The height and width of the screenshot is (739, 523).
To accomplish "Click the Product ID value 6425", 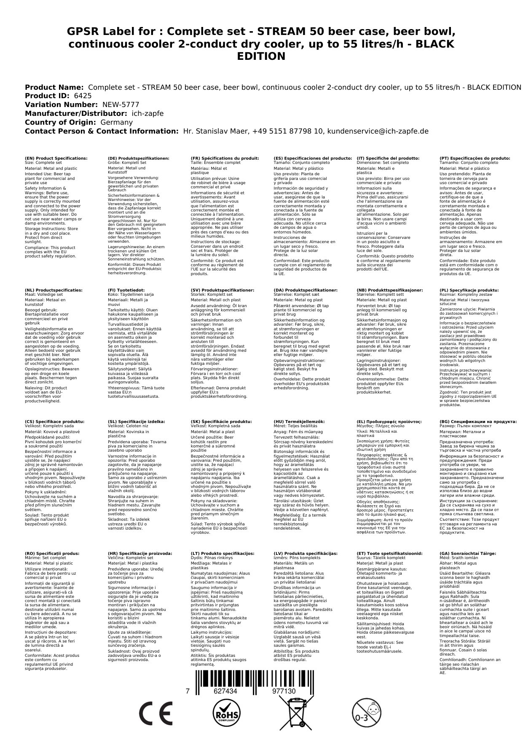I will [83, 96].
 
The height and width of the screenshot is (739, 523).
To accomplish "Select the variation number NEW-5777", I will [121, 105].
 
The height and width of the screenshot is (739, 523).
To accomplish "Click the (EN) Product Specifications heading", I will [56, 158].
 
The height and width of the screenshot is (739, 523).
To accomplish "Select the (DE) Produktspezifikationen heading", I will [139, 158].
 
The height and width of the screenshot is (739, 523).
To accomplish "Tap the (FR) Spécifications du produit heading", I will [225, 158].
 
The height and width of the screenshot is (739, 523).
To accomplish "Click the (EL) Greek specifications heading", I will [389, 421].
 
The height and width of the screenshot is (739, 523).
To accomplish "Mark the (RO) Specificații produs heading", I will [52, 553].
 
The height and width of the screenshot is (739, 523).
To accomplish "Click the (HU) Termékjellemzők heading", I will [299, 421].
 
